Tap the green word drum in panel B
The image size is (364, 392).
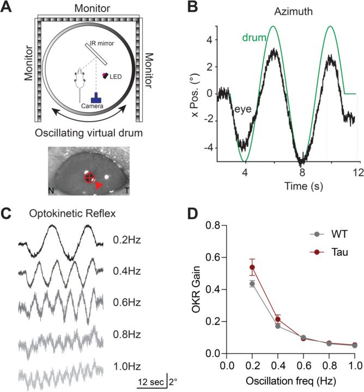pos(253,38)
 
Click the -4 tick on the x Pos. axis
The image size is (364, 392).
pos(209,147)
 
